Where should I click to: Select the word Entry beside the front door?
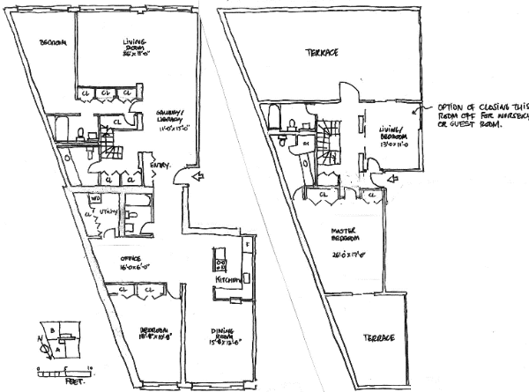(x=162, y=165)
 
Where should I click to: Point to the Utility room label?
(x=109, y=211)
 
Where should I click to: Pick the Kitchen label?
(x=227, y=278)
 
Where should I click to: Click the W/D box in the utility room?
(x=94, y=199)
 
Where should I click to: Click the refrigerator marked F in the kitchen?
(x=247, y=243)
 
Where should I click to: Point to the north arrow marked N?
(x=41, y=338)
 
